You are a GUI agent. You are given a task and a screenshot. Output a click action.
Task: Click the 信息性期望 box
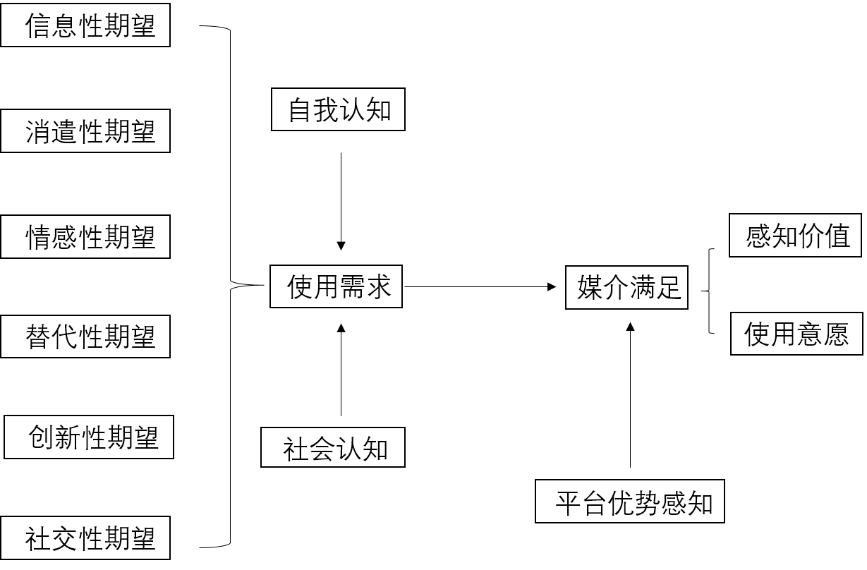pyautogui.click(x=85, y=25)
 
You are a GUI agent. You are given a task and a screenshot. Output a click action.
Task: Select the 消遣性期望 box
pyautogui.click(x=85, y=131)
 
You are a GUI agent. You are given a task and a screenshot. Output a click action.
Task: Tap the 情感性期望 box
pyautogui.click(x=85, y=236)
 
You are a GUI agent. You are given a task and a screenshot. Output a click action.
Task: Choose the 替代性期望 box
pyautogui.click(x=85, y=336)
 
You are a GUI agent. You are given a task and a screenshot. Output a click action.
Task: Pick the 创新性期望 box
pyautogui.click(x=89, y=437)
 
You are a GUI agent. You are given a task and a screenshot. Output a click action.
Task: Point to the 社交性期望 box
pyautogui.click(x=85, y=538)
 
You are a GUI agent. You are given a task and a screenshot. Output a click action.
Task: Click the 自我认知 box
pyautogui.click(x=339, y=109)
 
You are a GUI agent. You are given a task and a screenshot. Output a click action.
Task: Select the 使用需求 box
pyautogui.click(x=337, y=286)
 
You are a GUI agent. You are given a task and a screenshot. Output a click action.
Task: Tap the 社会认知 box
pyautogui.click(x=333, y=447)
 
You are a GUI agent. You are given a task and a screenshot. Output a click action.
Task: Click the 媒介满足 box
pyautogui.click(x=626, y=288)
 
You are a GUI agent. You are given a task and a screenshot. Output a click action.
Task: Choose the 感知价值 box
pyautogui.click(x=795, y=236)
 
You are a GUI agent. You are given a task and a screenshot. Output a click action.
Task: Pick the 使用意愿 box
pyautogui.click(x=797, y=334)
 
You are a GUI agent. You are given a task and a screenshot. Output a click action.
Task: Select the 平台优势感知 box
pyautogui.click(x=630, y=501)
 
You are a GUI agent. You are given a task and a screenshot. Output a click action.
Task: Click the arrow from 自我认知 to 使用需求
pyautogui.click(x=341, y=202)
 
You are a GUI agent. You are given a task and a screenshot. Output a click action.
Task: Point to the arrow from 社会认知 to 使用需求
pyautogui.click(x=341, y=370)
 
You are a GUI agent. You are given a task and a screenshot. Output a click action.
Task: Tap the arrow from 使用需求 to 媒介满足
pyautogui.click(x=480, y=286)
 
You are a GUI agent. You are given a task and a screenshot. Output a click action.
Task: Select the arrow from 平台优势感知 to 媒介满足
pyautogui.click(x=630, y=395)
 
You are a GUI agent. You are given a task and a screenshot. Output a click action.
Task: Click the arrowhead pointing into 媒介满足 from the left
pyautogui.click(x=552, y=286)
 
